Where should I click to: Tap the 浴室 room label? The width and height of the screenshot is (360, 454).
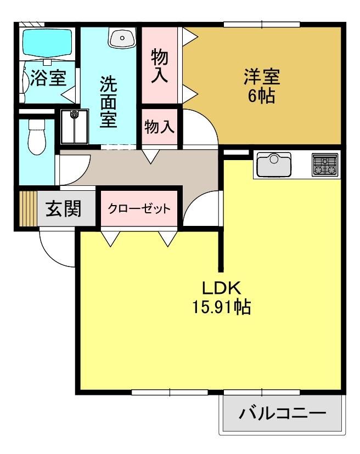click(48, 78)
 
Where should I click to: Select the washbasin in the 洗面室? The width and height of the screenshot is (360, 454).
click(122, 37)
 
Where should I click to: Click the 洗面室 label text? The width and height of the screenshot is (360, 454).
click(109, 102)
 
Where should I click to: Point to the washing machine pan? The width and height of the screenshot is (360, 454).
click(74, 127)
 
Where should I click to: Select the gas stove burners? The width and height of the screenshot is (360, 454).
click(325, 164)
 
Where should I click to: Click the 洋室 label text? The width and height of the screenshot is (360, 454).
click(261, 77)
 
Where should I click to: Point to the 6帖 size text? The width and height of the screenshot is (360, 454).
click(261, 96)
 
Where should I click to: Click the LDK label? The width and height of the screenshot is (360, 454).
click(221, 288)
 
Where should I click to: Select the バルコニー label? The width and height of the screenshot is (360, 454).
click(283, 413)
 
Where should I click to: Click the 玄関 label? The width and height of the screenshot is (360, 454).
click(64, 208)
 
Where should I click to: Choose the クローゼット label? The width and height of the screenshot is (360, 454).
click(139, 208)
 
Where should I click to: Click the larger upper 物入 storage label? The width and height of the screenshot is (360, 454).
click(159, 66)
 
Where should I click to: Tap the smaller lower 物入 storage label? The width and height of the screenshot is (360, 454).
click(159, 127)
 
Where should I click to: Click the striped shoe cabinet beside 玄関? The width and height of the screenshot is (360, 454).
click(28, 208)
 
